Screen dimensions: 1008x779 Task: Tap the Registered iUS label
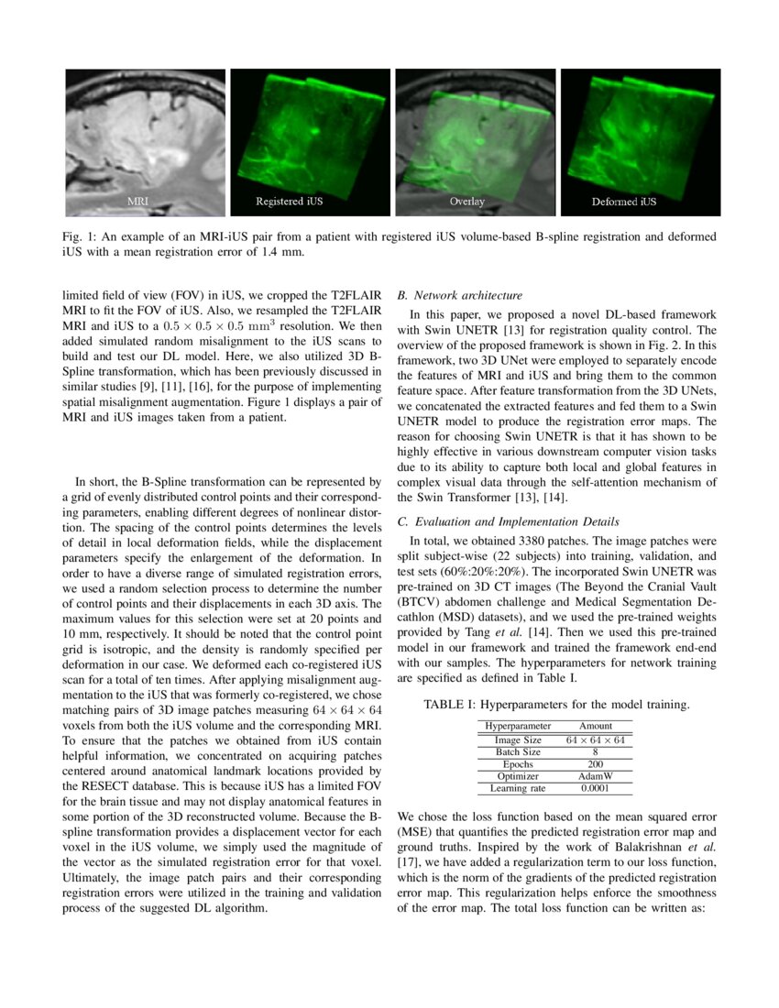(289, 200)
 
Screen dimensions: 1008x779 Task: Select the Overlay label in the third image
(467, 200)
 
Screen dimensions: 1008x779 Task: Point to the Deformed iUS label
(623, 200)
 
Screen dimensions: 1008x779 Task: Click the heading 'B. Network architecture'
(459, 296)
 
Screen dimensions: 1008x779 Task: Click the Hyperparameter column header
(518, 725)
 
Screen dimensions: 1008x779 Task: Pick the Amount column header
(595, 725)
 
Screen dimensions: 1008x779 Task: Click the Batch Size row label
(518, 751)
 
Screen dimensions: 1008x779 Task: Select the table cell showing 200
(595, 763)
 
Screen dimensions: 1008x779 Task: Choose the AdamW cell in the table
(595, 775)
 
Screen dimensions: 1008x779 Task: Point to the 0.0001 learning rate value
(595, 787)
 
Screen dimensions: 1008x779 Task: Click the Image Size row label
(518, 739)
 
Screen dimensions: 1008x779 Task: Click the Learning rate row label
(518, 787)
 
